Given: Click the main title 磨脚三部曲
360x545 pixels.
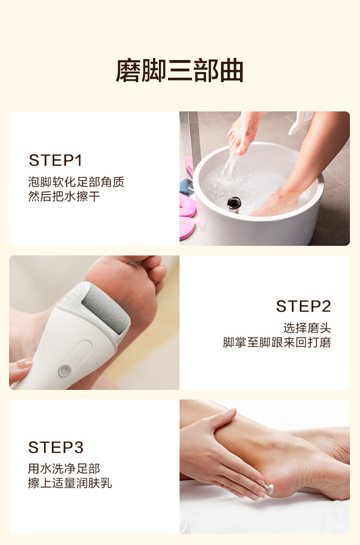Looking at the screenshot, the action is (x=180, y=71).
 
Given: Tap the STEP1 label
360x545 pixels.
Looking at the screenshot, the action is (x=56, y=160).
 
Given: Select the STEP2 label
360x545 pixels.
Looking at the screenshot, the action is (x=303, y=306).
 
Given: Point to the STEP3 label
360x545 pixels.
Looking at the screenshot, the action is (x=56, y=448).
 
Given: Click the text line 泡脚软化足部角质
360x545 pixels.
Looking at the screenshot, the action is (x=76, y=182).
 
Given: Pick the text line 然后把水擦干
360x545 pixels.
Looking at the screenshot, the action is (x=64, y=196).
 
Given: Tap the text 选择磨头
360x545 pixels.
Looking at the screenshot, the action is (x=307, y=328).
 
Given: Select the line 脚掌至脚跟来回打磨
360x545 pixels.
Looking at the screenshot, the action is (x=276, y=342).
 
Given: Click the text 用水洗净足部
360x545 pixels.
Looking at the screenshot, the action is (x=64, y=469).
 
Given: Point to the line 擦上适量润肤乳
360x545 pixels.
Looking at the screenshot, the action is (x=70, y=483).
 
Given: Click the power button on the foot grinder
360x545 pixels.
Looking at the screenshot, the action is (x=63, y=371).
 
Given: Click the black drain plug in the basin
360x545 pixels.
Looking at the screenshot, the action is (x=234, y=203).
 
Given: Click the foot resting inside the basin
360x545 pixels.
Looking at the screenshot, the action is (x=275, y=203).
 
